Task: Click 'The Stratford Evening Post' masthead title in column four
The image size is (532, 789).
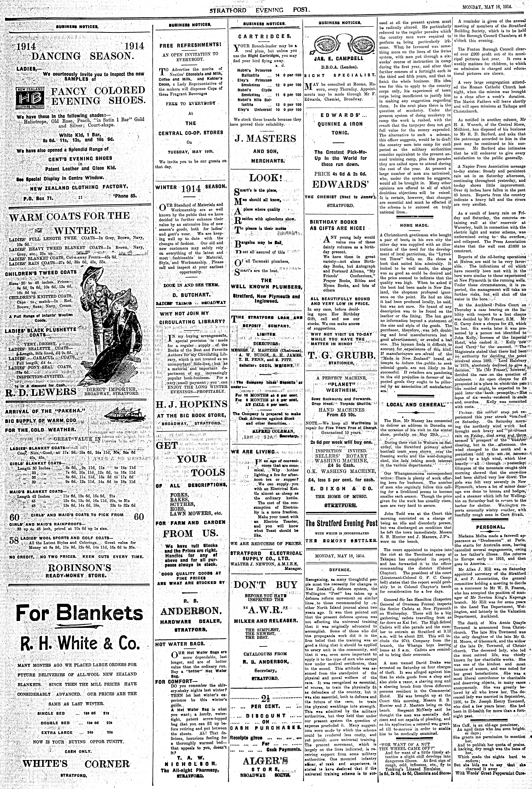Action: pyautogui.click(x=341, y=524)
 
